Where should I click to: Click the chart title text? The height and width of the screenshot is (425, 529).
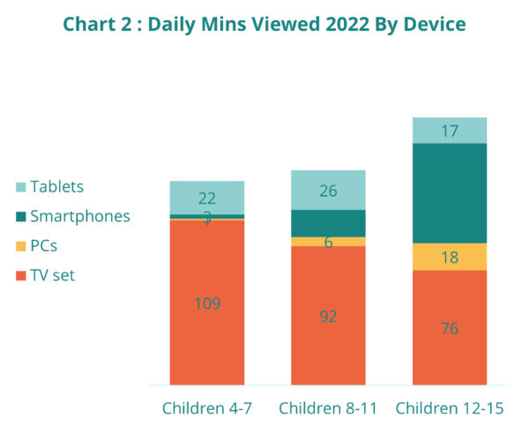264,24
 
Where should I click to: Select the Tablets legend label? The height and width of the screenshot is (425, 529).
56,187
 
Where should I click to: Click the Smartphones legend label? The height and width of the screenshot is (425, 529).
79,217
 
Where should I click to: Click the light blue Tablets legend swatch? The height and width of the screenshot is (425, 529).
21,187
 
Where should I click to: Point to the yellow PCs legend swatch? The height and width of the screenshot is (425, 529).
21,247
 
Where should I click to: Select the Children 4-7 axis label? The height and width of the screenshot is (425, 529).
206,407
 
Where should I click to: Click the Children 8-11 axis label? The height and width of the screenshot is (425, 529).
328,407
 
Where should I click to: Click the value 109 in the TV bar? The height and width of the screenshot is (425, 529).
206,304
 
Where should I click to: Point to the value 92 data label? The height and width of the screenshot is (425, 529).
328,317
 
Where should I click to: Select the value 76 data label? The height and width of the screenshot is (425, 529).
450,329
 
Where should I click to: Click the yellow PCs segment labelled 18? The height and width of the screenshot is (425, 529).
450,257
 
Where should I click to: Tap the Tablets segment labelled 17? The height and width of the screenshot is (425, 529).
450,130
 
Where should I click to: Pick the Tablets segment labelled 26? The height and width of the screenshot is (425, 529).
328,190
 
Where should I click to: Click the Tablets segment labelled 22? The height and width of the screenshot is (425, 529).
206,196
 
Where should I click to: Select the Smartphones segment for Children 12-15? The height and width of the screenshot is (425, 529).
450,193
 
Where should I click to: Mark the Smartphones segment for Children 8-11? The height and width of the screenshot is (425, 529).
328,223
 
